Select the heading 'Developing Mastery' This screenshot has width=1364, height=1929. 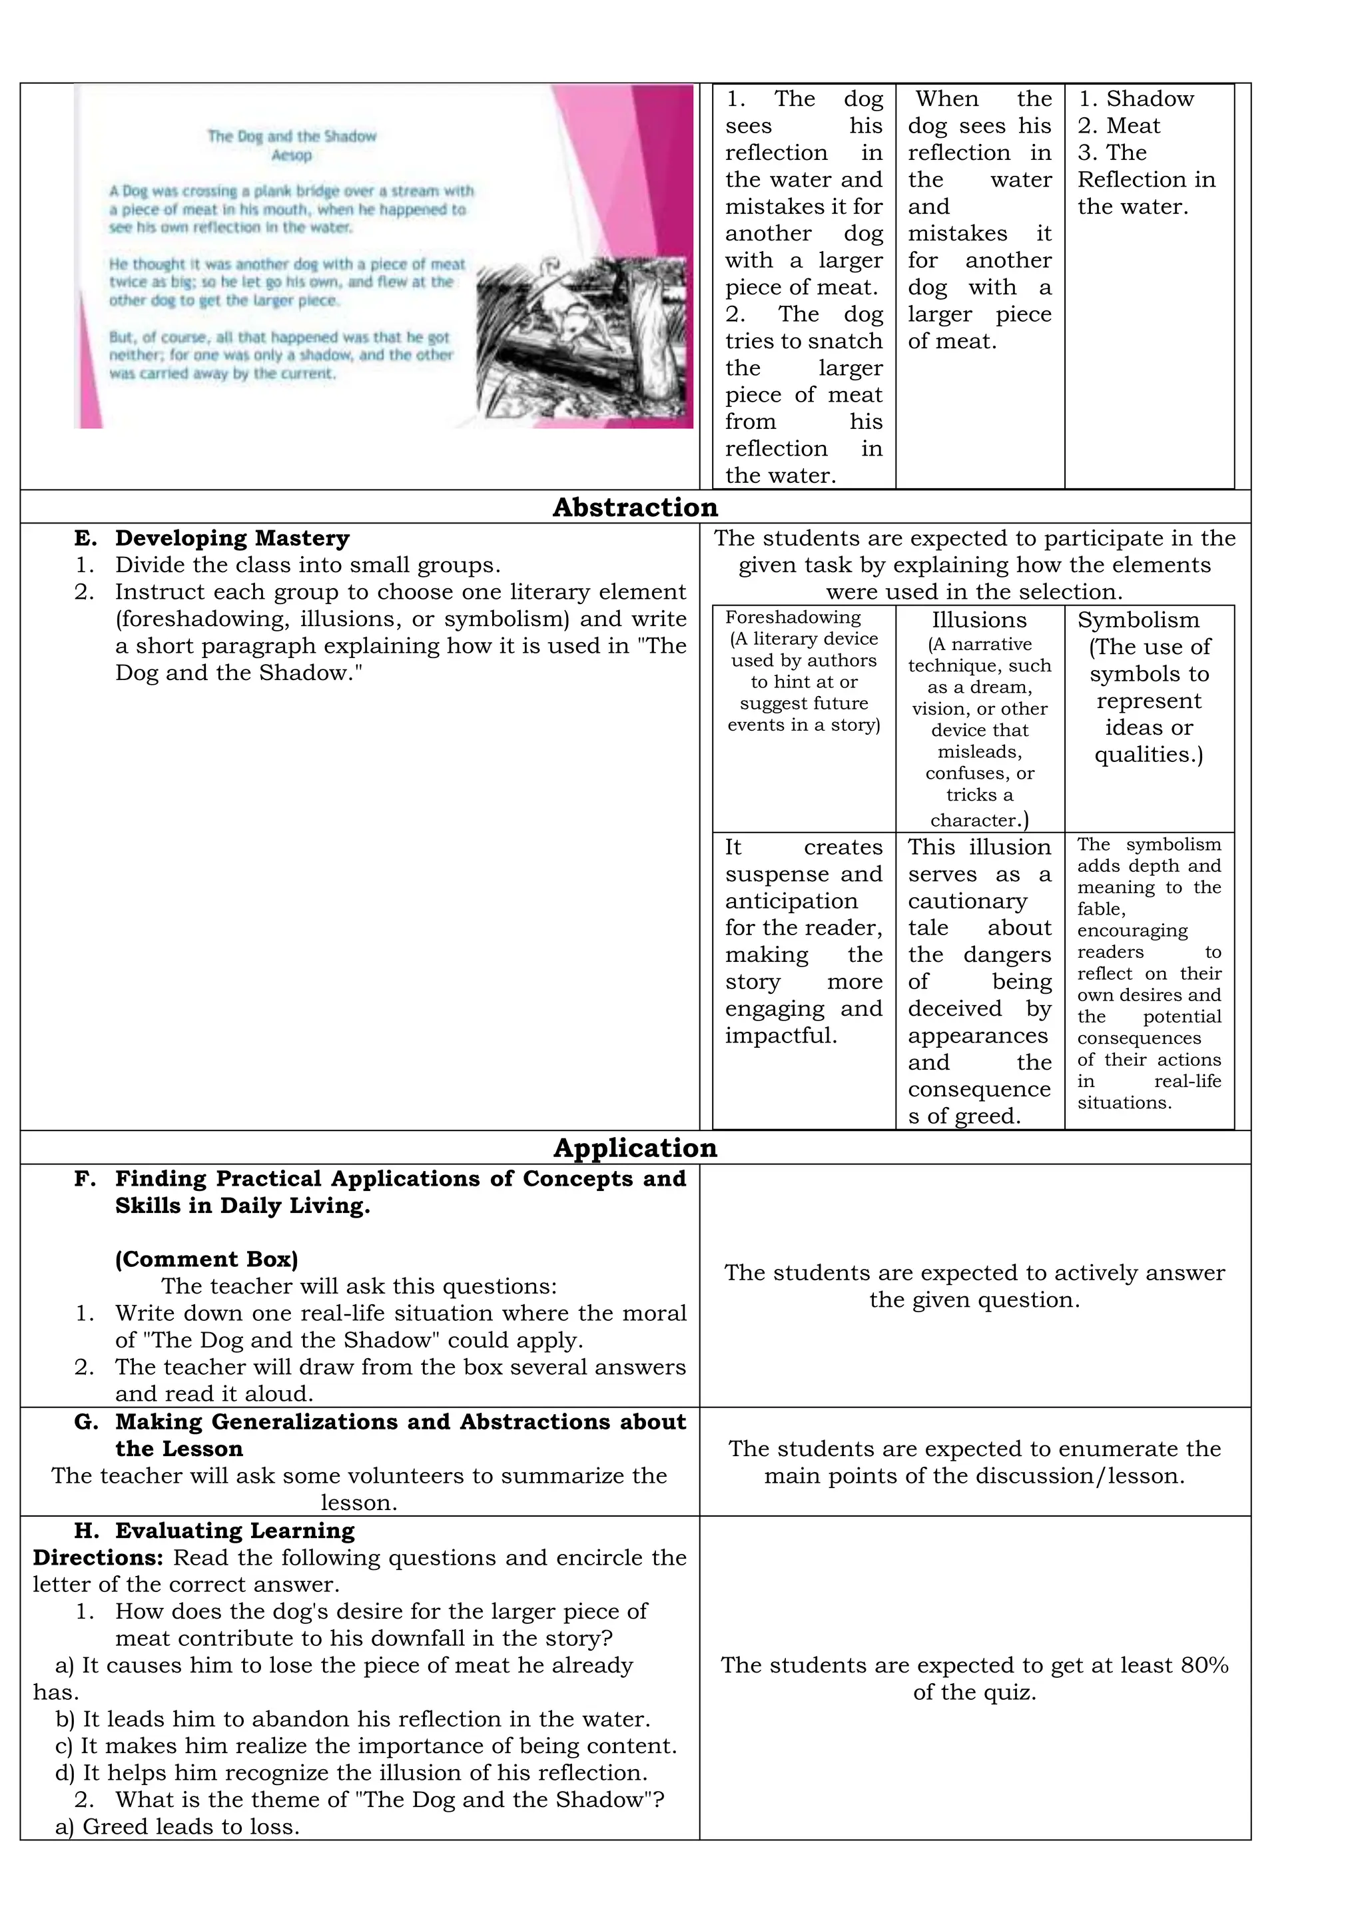[x=232, y=538]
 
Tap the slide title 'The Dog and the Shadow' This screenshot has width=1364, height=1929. [x=292, y=136]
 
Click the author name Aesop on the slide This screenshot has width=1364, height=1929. [x=292, y=155]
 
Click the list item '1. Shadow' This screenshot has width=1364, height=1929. [x=1136, y=99]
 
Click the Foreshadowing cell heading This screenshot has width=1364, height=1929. [x=793, y=617]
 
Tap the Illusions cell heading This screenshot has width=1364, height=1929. [x=979, y=620]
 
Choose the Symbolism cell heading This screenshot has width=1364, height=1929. [x=1138, y=620]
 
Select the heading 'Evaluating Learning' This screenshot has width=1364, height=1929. [x=234, y=1531]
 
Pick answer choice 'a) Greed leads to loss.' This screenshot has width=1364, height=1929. [x=177, y=1826]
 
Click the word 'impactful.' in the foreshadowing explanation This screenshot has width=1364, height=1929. [x=781, y=1035]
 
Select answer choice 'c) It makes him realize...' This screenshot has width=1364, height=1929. [x=366, y=1746]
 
